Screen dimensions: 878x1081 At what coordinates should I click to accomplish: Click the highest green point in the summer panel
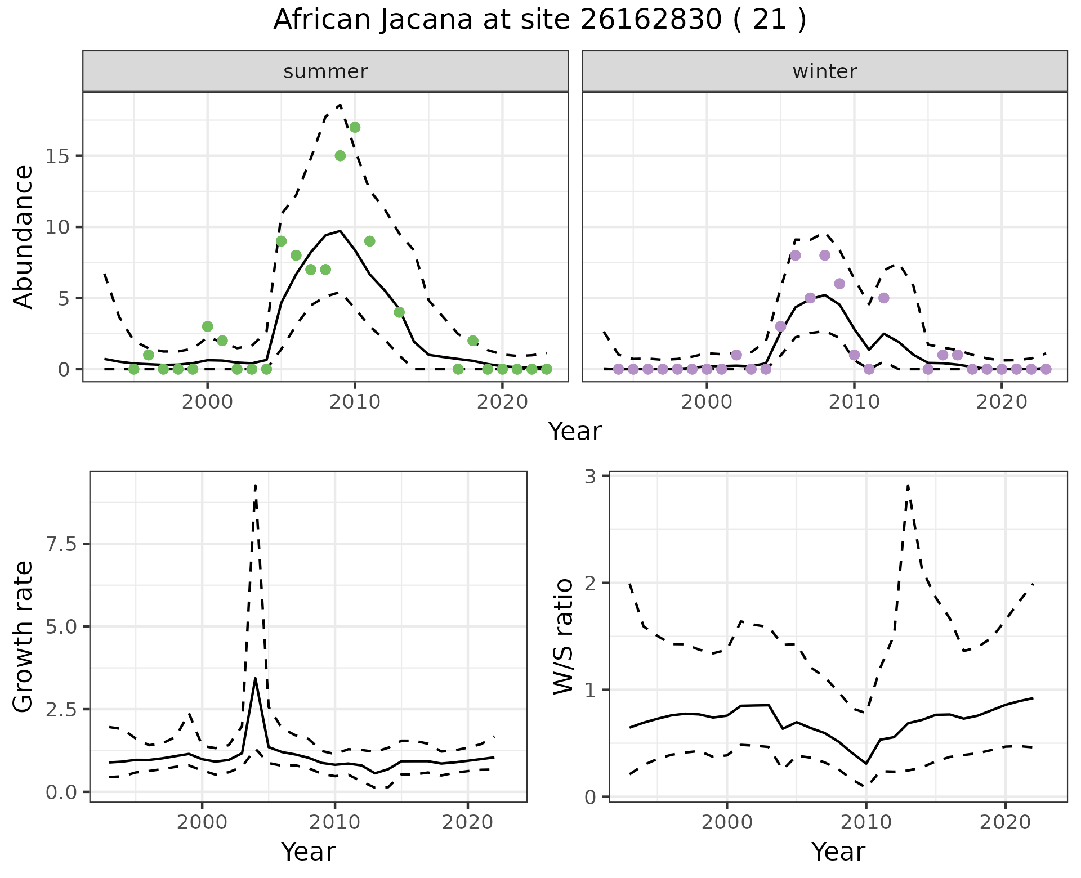pos(355,127)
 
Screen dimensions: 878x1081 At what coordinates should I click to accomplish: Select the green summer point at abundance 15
pos(340,156)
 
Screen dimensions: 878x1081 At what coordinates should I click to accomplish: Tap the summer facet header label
pos(325,71)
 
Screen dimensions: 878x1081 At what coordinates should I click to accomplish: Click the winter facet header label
pos(824,71)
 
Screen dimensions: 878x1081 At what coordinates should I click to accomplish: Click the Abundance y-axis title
pos(24,236)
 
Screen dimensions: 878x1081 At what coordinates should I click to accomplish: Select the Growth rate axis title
pos(24,637)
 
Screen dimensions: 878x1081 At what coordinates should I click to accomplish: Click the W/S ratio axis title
pos(563,637)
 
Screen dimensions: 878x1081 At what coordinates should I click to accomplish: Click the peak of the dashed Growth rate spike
pos(256,485)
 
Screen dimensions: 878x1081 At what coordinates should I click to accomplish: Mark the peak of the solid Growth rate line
pos(256,678)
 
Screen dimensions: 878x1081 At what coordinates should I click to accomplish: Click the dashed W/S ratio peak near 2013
pos(908,485)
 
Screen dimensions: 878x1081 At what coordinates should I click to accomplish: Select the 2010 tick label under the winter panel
pos(854,402)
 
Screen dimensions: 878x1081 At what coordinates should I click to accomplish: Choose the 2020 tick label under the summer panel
pos(502,402)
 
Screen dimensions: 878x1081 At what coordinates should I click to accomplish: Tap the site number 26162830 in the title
pos(651,20)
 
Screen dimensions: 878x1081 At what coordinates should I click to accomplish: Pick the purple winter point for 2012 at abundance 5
pos(883,298)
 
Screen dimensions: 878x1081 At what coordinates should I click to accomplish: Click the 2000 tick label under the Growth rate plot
pos(203,822)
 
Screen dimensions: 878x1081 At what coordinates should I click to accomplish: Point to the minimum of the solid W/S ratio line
pos(866,764)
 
